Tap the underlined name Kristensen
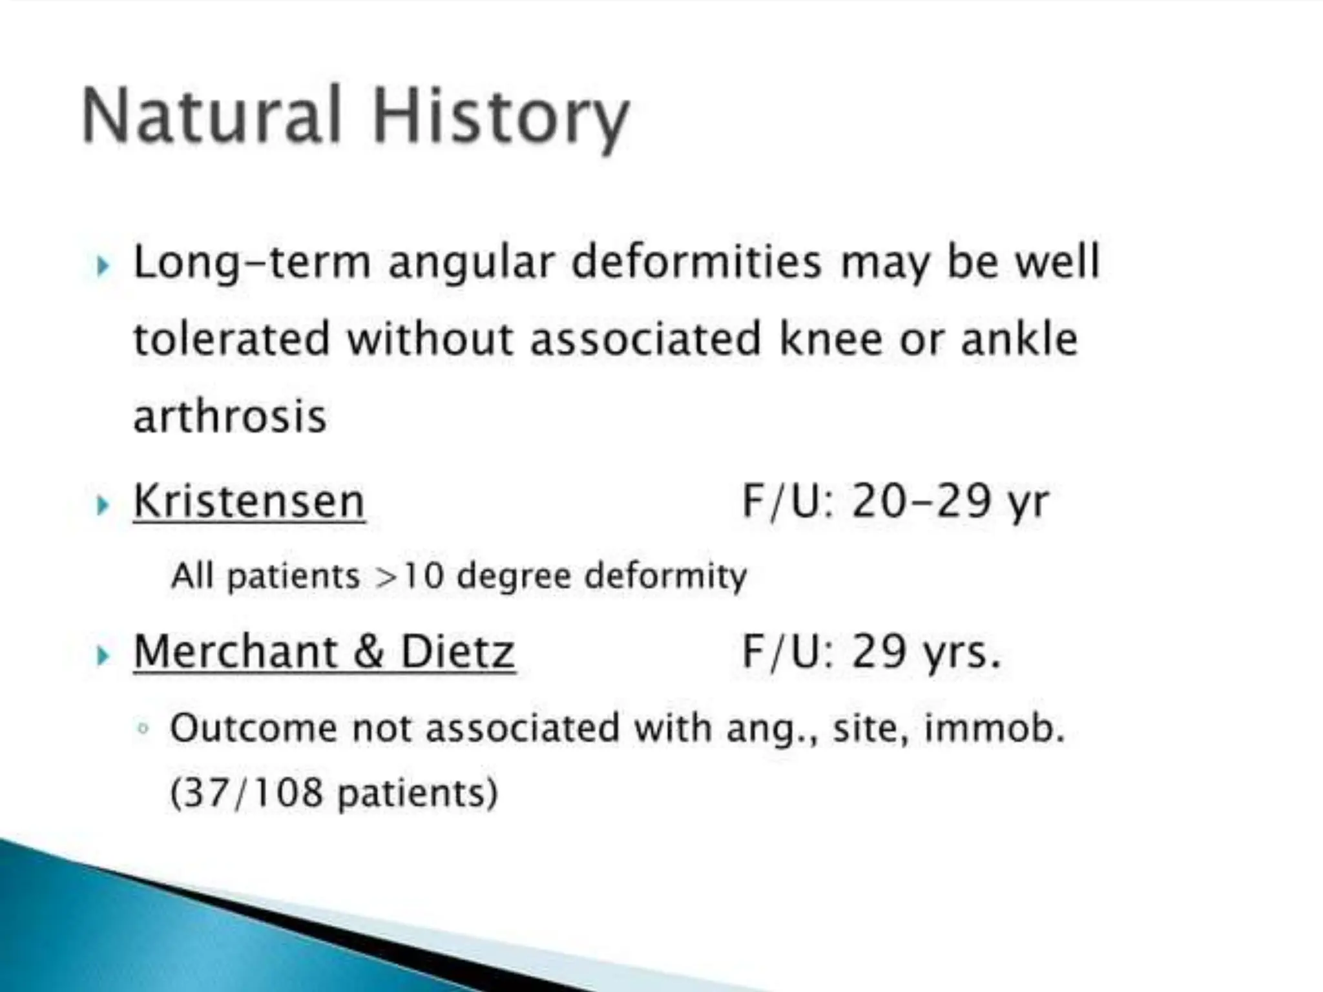pos(249,501)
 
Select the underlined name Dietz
pos(457,652)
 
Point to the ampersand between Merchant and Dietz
pos(369,652)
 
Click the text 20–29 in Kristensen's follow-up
pos(921,501)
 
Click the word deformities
pos(697,263)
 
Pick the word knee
pos(830,339)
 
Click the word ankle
pos(1019,339)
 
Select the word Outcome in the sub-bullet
pos(254,728)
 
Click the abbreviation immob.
pos(994,728)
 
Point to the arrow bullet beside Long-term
pos(102,265)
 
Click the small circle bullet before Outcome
pos(143,729)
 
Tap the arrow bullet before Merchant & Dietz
pos(102,656)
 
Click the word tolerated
pos(232,339)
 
